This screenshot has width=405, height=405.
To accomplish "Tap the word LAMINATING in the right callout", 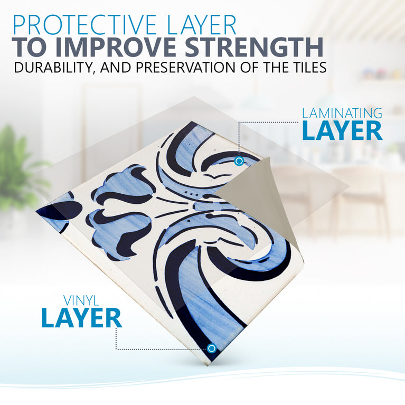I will click(x=342, y=113).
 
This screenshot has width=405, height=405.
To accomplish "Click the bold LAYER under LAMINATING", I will click(x=342, y=131).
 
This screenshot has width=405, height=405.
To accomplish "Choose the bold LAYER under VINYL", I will click(x=81, y=318).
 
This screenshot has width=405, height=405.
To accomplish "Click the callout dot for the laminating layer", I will click(x=239, y=161).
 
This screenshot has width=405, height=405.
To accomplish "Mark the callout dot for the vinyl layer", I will click(x=211, y=348).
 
